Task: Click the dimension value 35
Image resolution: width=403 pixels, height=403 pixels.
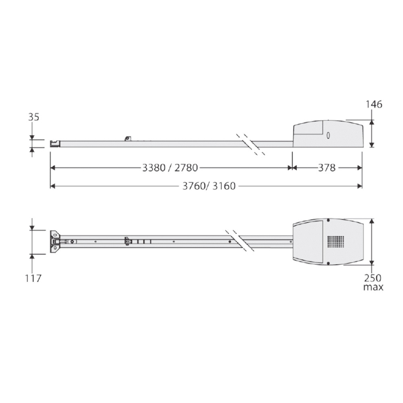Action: point(33,117)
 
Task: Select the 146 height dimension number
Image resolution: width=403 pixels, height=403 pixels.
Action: point(374,104)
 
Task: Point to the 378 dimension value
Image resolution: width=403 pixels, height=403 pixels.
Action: point(326,168)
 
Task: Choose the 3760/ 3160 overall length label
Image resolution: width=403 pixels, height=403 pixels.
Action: point(209,186)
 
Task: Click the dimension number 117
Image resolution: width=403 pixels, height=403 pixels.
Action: point(33,278)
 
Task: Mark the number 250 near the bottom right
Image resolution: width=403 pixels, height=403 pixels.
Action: point(373,278)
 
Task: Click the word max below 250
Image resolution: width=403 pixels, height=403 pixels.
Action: point(373,287)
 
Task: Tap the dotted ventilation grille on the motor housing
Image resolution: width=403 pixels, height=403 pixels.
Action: point(336,242)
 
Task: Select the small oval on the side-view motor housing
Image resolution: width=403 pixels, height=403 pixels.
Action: point(328,136)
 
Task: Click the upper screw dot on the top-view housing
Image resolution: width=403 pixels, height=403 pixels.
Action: point(328,220)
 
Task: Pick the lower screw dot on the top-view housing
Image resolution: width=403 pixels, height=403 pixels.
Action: point(328,264)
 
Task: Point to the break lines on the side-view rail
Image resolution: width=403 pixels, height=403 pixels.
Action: point(251,144)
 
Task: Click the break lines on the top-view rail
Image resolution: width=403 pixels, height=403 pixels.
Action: point(240,241)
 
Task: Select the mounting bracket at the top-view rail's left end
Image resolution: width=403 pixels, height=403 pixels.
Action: point(55,242)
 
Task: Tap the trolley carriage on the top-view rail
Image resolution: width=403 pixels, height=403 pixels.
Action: point(128,241)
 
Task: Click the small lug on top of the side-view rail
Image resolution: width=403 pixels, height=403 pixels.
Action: point(128,138)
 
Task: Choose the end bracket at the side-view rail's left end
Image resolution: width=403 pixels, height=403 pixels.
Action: point(55,143)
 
